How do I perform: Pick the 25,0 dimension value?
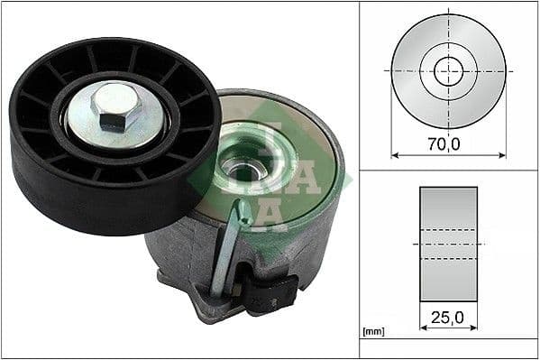pyautogui.click(x=448, y=317)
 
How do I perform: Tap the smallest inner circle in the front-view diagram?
pyautogui.click(x=448, y=70)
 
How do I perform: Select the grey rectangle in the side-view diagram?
pyautogui.click(x=448, y=203)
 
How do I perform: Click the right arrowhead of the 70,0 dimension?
pyautogui.click(x=502, y=154)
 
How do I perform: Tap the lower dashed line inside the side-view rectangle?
pyautogui.click(x=448, y=260)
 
